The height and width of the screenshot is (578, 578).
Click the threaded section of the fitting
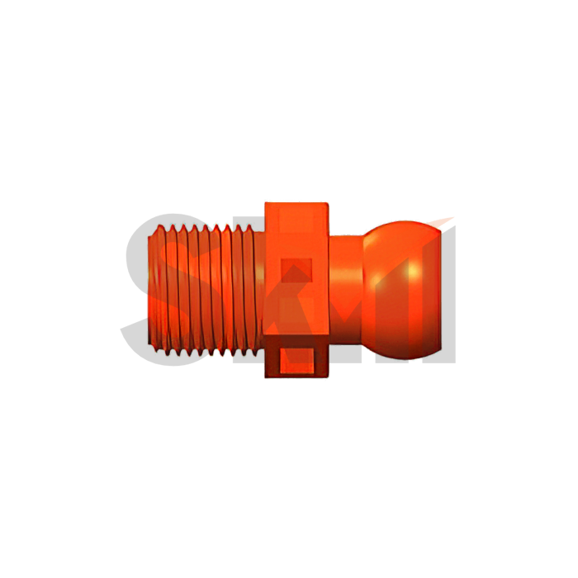(x=206, y=289)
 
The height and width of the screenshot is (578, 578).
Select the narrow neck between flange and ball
(x=347, y=289)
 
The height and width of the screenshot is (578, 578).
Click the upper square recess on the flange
(x=296, y=272)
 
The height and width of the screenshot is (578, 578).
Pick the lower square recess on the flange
(x=296, y=360)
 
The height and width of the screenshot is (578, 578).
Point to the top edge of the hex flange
(x=296, y=201)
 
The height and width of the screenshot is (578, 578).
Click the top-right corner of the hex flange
(x=329, y=202)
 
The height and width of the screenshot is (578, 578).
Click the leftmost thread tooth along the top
(x=159, y=228)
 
